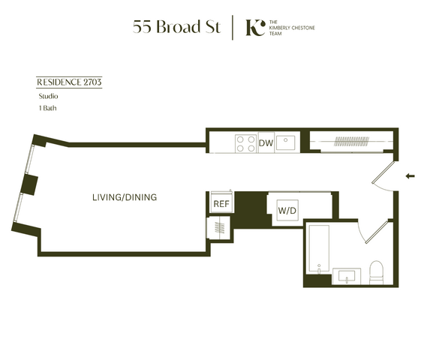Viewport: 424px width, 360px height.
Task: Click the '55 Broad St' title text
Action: coord(177,27)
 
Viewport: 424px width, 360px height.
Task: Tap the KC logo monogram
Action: coord(255,28)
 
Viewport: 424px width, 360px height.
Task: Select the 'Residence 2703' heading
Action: coord(69,82)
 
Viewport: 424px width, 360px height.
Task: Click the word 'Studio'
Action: coord(48,96)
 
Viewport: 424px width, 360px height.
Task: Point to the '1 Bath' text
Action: coord(48,108)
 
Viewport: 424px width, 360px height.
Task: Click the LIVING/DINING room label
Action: coord(125,197)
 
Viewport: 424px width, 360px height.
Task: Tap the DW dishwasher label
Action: coord(266,143)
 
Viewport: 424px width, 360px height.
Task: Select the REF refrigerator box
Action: coord(221,203)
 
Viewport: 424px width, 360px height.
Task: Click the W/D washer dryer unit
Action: coord(287,210)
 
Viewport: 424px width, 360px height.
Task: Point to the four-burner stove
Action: coord(246,144)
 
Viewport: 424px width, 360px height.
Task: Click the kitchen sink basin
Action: coord(286,142)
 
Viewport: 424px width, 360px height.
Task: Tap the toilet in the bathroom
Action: coord(376,272)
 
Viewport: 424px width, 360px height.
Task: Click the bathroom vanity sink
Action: coord(347,276)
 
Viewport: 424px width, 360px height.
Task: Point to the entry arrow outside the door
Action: coord(410,176)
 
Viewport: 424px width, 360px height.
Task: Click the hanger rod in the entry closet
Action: coord(351,141)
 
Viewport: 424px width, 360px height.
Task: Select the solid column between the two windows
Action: coord(29,184)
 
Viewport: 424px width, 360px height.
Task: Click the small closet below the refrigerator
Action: coord(218,227)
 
